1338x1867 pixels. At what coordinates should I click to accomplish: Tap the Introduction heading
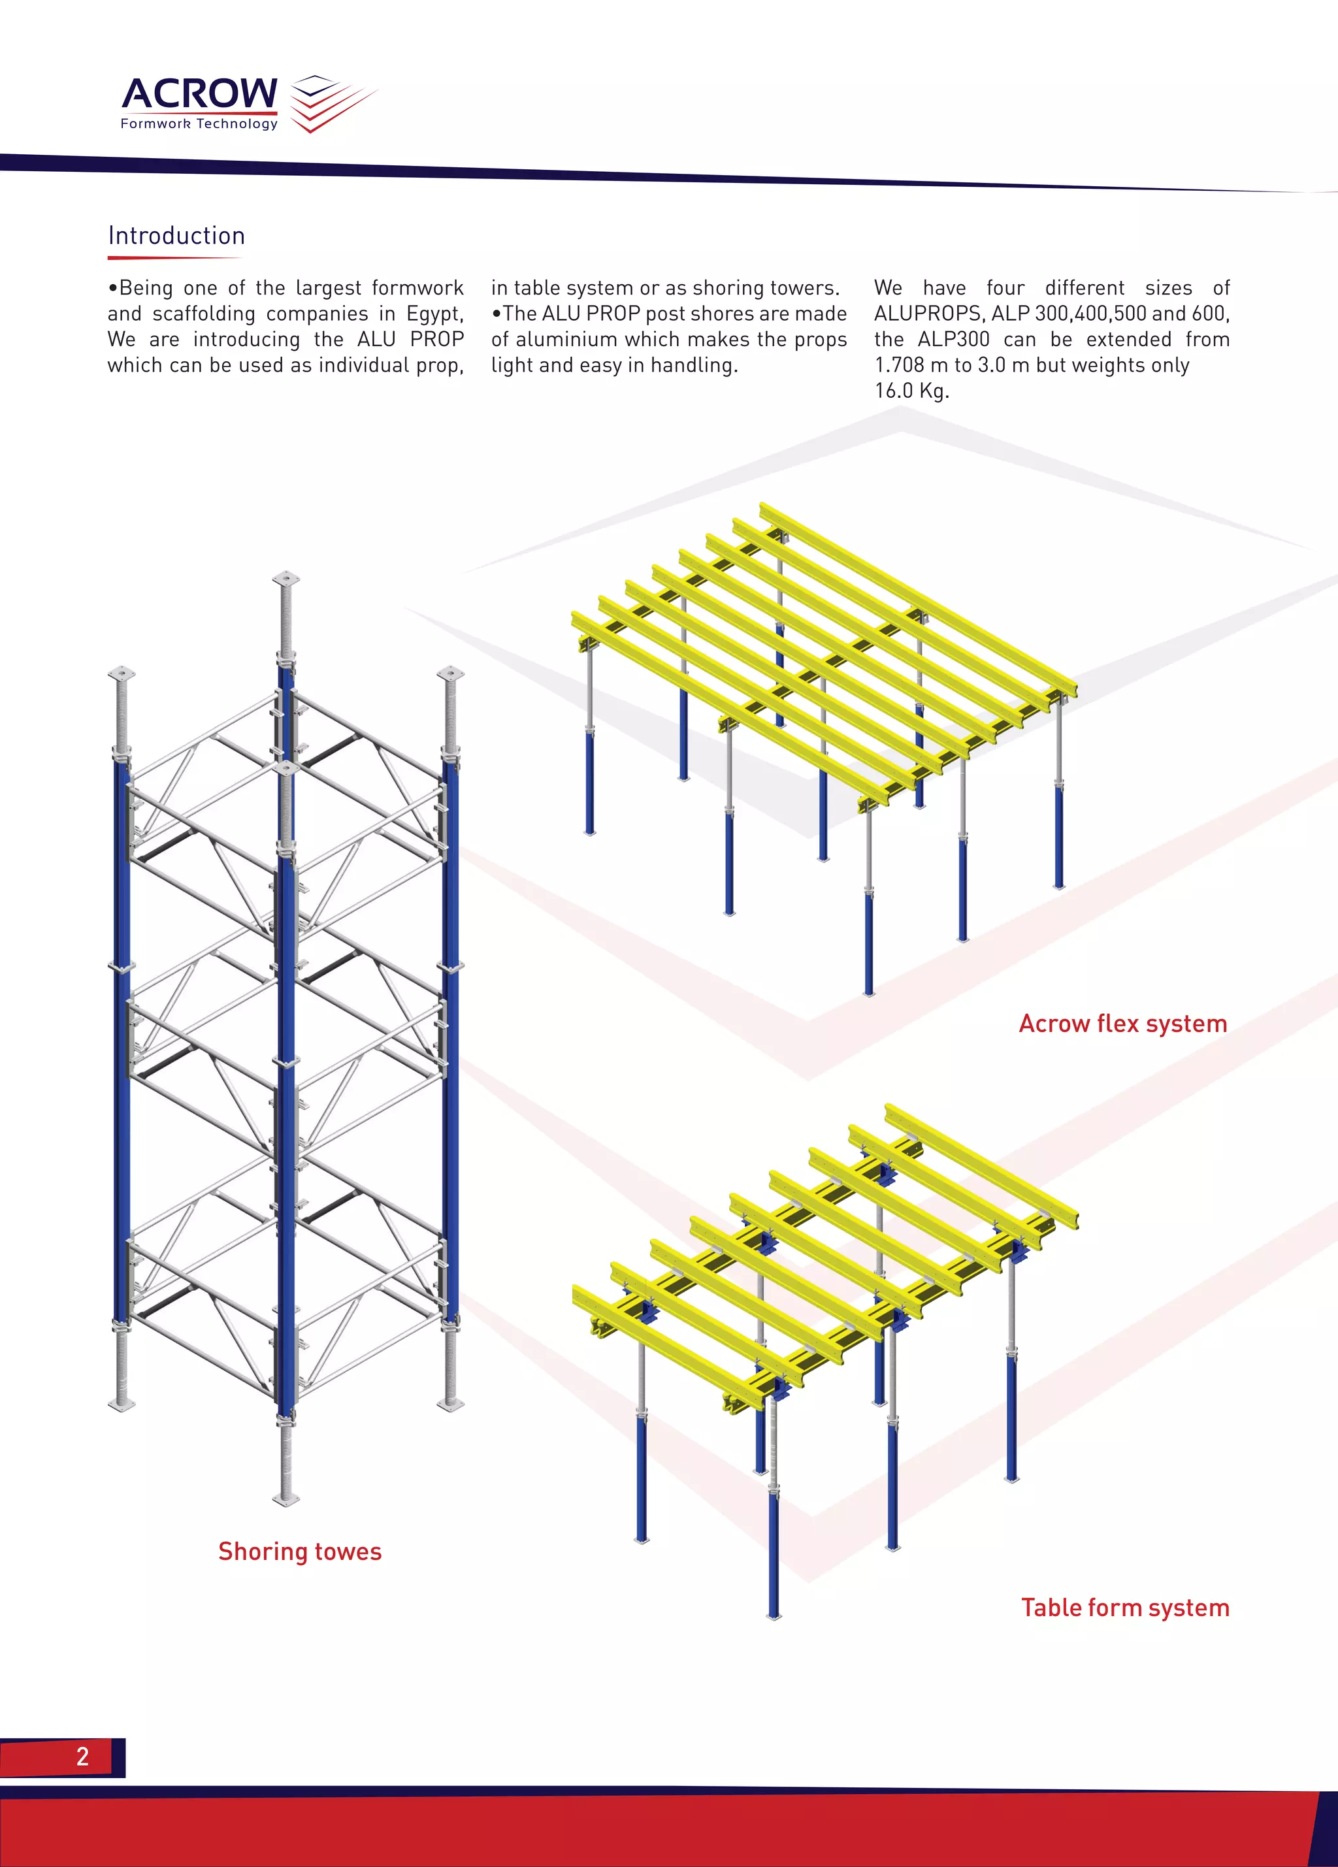(x=176, y=236)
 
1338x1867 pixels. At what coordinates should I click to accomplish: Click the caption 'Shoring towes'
(x=300, y=1551)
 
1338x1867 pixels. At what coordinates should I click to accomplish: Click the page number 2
(x=82, y=1756)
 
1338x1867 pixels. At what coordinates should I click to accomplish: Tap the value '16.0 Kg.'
(x=911, y=391)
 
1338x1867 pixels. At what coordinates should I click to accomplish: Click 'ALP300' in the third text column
(x=953, y=339)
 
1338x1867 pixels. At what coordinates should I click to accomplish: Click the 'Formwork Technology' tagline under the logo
(x=199, y=124)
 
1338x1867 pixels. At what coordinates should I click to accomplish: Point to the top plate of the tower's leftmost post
(x=121, y=673)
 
